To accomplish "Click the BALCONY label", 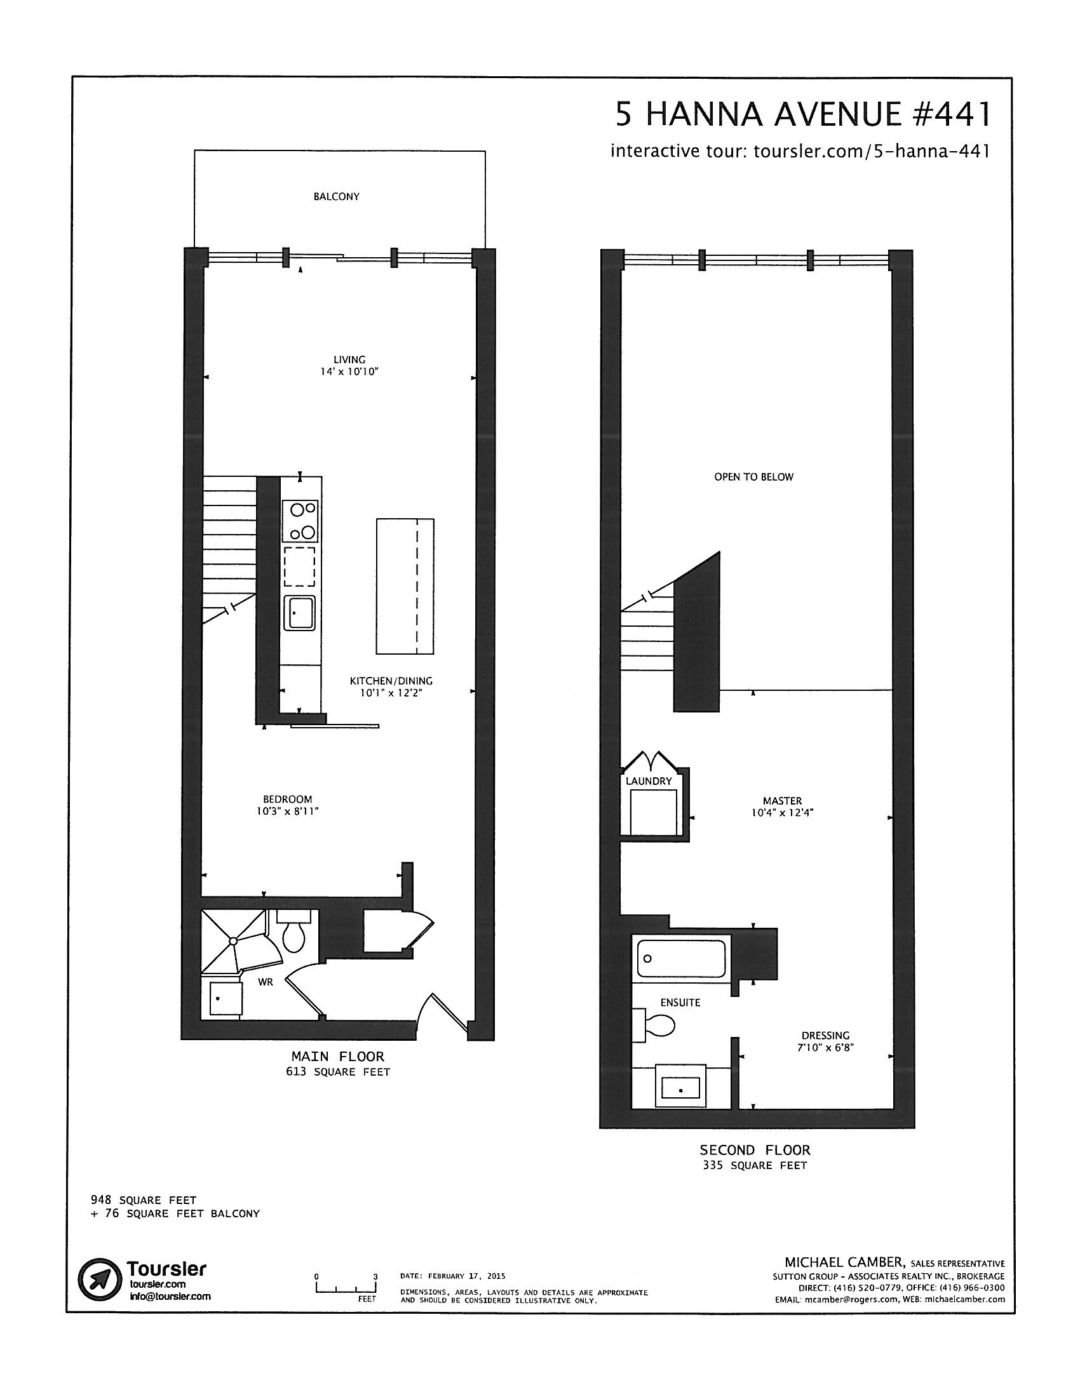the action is click(x=336, y=197).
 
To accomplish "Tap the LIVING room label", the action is click(x=349, y=359).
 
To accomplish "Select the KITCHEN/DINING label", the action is click(x=391, y=681).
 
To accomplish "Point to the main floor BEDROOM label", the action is click(x=287, y=799).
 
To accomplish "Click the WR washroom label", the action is click(x=266, y=982).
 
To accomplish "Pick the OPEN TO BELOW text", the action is click(x=753, y=476).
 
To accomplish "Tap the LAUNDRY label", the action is click(x=649, y=781).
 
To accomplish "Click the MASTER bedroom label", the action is click(x=782, y=801).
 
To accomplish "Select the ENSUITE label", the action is click(x=680, y=1002).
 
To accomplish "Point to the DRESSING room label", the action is click(x=825, y=1036).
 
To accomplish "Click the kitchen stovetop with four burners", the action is click(x=301, y=521).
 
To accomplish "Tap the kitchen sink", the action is click(x=299, y=613).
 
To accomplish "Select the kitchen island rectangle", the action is click(x=405, y=586).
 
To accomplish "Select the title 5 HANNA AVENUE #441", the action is click(x=803, y=114).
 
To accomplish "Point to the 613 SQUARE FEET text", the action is click(x=338, y=1072).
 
